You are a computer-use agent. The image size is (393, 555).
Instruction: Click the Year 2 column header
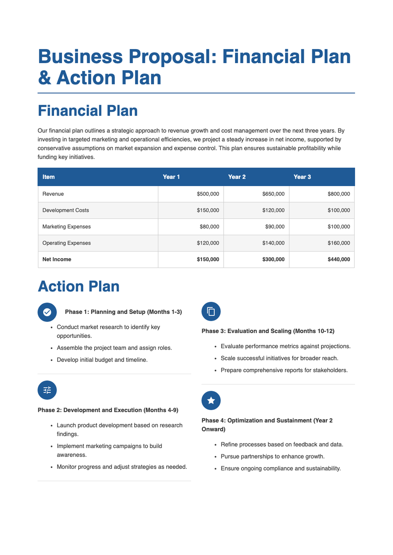237,177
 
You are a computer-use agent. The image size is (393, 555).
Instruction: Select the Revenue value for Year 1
208,194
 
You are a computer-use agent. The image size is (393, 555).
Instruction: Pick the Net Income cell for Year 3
339,259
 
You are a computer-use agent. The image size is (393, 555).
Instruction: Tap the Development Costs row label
65,210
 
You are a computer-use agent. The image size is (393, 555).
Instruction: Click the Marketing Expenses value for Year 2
274,227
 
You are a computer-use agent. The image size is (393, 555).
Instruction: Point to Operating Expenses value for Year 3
339,243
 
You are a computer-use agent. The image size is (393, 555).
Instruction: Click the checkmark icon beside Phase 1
47,312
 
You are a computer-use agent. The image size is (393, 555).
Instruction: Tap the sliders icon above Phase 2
47,390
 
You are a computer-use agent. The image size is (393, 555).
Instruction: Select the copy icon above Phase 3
211,311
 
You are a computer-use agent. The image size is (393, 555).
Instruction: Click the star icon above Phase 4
211,401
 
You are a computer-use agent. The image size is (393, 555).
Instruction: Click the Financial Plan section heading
88,111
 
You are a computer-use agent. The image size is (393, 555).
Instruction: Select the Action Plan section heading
79,286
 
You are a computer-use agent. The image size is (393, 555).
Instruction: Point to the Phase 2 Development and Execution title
108,410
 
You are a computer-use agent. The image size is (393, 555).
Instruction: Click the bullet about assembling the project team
114,348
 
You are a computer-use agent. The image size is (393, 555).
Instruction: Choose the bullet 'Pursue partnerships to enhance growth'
272,457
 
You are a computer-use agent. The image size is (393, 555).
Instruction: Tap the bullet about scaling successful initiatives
279,358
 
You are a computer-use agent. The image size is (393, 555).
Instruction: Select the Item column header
48,177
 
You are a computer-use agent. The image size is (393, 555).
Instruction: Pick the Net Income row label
57,259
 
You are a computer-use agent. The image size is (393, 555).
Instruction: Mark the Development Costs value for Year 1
208,210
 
